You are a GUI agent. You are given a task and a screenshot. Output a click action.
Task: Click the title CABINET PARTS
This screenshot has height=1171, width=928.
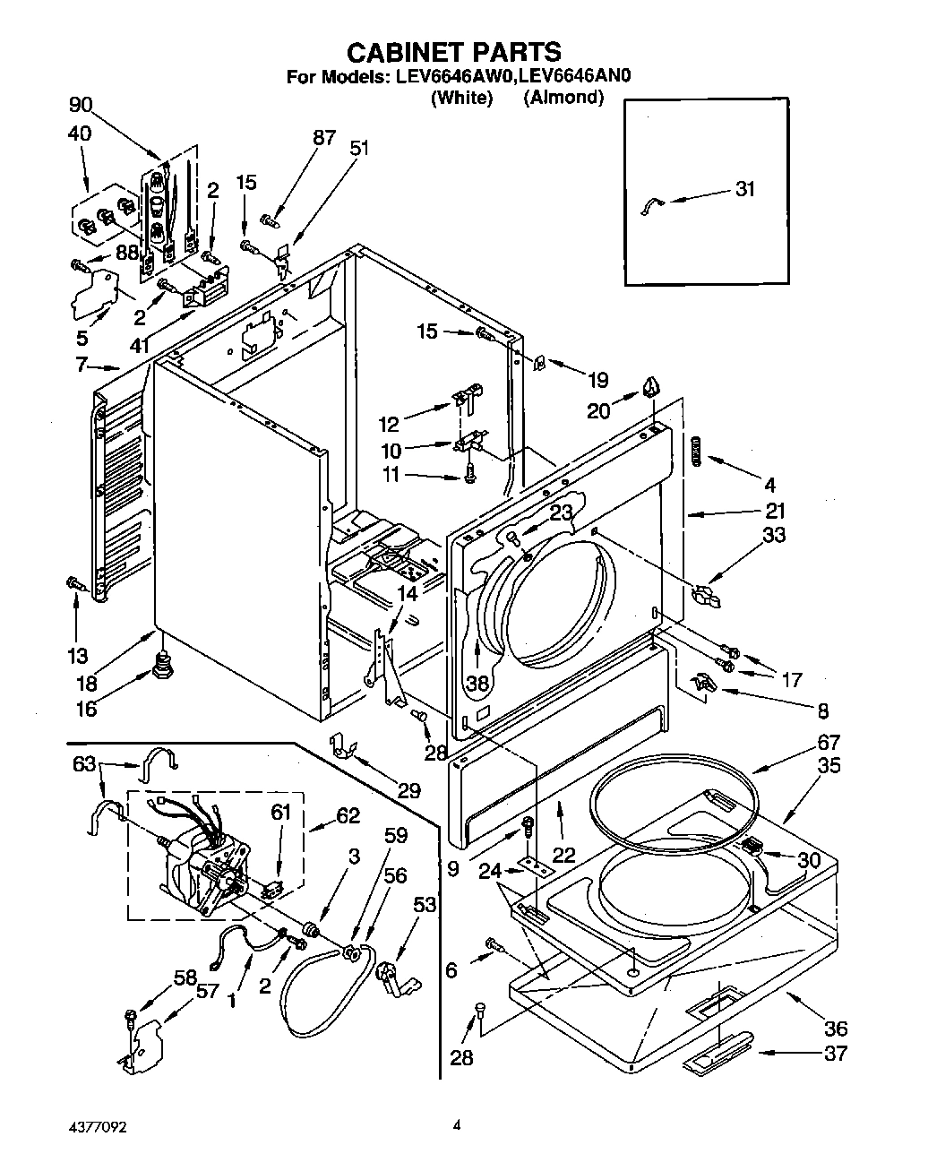click(454, 51)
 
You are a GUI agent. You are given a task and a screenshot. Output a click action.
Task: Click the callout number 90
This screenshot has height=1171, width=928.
click(81, 105)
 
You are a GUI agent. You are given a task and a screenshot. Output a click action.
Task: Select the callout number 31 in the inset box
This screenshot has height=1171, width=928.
click(744, 189)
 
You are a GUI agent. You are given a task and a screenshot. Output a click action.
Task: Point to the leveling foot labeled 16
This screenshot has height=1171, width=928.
click(163, 665)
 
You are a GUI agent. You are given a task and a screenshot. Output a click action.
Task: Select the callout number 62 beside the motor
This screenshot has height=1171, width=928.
click(348, 815)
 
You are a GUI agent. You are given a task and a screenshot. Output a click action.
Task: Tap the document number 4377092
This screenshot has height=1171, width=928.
click(90, 1126)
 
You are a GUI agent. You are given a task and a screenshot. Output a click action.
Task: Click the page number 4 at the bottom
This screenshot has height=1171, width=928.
click(456, 1126)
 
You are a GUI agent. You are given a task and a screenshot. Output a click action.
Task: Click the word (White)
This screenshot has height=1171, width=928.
click(461, 98)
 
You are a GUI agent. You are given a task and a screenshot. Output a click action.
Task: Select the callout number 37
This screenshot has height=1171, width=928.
click(835, 1054)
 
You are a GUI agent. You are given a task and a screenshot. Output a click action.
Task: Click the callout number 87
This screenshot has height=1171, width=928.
click(323, 137)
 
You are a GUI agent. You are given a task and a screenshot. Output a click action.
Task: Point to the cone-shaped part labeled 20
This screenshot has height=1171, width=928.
click(651, 386)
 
